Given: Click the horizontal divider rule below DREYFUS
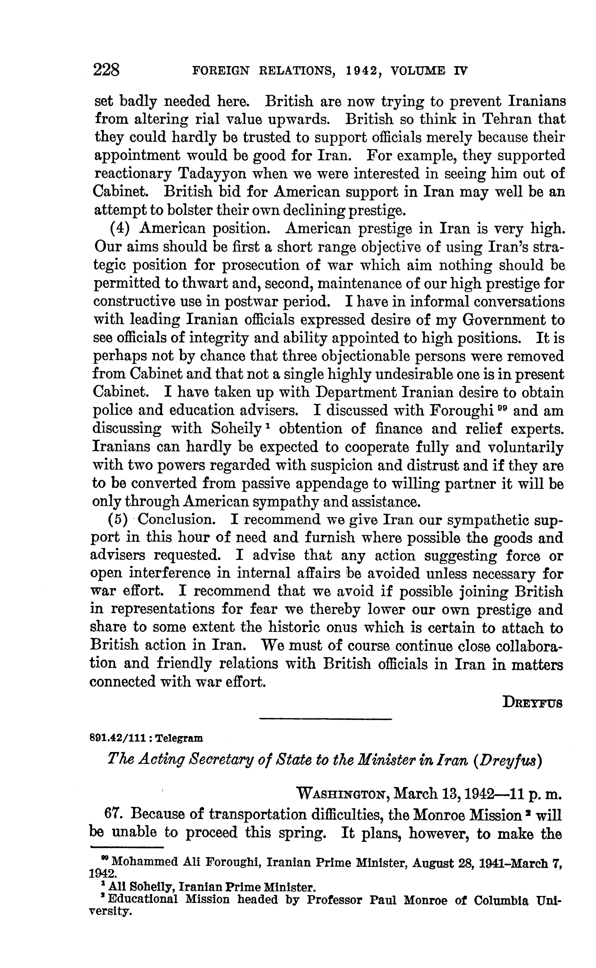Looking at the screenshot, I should pyautogui.click(x=326, y=719).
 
